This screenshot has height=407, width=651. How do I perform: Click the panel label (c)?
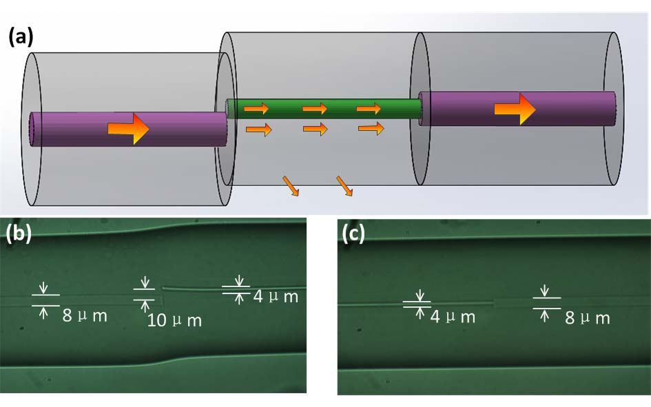(355, 234)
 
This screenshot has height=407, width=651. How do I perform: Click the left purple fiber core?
(69, 129)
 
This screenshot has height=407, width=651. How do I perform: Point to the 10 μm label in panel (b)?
(174, 320)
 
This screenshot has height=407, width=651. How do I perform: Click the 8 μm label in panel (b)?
(85, 317)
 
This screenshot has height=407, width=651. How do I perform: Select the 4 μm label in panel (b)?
(275, 297)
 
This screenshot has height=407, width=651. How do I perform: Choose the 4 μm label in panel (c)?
(453, 317)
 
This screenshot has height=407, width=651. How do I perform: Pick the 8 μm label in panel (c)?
(586, 317)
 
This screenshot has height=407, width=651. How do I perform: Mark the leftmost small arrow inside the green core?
(256, 109)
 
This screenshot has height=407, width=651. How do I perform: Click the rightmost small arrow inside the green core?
(369, 109)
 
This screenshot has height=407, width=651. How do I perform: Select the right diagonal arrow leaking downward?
(344, 186)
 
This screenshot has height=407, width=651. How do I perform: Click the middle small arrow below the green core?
(314, 129)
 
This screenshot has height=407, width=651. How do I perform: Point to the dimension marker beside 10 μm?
(145, 294)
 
